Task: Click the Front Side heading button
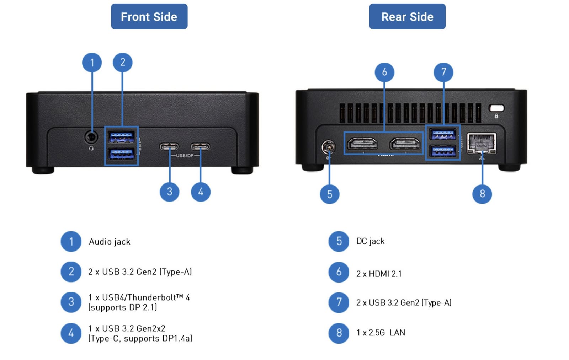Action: coord(149,16)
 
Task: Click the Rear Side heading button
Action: coord(407,16)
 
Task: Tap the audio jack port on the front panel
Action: coord(91,137)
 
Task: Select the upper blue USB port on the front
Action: coord(121,136)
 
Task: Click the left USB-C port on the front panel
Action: coord(169,146)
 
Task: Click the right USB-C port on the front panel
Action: coord(200,146)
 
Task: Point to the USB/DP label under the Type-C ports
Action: coord(185,156)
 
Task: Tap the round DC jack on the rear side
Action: coord(328,146)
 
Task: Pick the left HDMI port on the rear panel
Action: coord(362,144)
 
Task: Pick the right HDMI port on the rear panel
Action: coord(405,144)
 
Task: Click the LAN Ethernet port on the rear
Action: coord(482,143)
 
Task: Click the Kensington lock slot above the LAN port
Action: coord(496,108)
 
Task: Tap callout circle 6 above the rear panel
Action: coord(384,72)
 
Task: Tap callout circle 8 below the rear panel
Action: coord(482,194)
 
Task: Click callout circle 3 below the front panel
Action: coord(169,192)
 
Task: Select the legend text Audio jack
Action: coord(110,242)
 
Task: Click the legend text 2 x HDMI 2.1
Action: coord(379,274)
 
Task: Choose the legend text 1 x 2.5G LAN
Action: coord(381,333)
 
